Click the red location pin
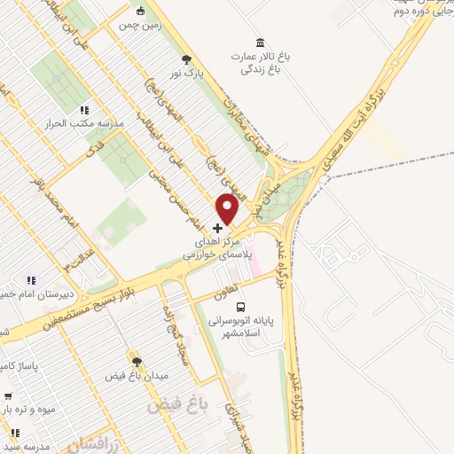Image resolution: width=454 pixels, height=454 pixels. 228,208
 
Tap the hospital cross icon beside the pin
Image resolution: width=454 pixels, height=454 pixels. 218,228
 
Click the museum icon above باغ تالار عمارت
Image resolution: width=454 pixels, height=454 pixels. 260,43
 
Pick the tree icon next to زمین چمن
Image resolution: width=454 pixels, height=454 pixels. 140,12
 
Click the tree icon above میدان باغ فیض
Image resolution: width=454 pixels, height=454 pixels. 136,361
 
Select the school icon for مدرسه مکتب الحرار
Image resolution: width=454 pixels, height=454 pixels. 84,110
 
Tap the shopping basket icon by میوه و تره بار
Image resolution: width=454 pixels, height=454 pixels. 7,396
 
